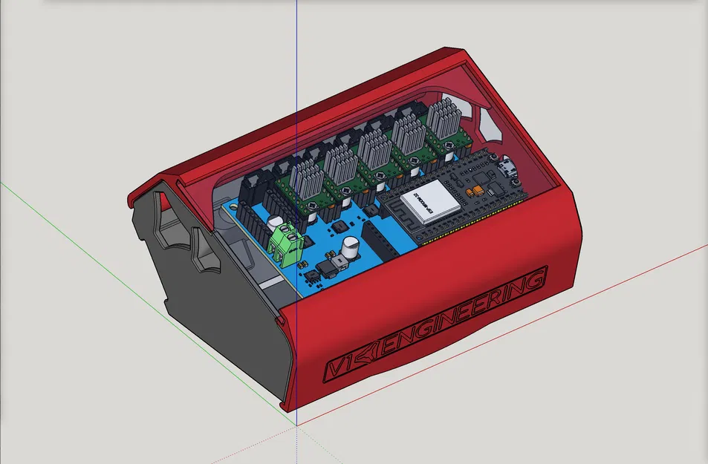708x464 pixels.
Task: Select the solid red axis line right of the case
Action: [639, 275]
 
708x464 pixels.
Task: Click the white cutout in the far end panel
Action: [490, 123]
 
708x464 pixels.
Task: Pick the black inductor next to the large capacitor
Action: [325, 267]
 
